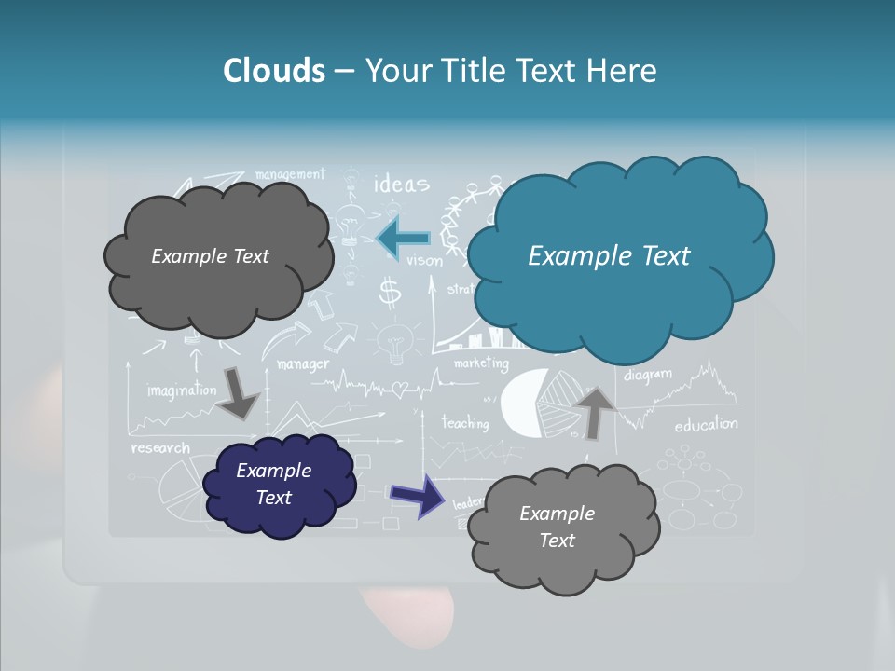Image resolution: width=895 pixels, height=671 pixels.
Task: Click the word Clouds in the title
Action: [x=274, y=71]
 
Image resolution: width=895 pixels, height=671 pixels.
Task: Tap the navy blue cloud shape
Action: [x=278, y=485]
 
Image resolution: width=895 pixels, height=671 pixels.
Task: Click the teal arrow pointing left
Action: [x=404, y=239]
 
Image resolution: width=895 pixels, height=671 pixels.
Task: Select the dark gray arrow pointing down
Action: [x=238, y=392]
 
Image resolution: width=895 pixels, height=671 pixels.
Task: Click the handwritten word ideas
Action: [x=401, y=184]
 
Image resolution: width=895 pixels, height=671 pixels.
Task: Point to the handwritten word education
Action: [x=706, y=425]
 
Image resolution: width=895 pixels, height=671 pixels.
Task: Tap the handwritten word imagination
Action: [x=181, y=390]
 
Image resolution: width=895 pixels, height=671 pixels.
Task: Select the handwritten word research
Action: [x=160, y=448]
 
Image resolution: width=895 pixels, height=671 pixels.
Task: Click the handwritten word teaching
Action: [x=464, y=423]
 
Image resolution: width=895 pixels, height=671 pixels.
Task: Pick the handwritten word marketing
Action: [x=481, y=363]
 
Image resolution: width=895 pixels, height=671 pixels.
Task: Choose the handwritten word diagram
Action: [x=647, y=375]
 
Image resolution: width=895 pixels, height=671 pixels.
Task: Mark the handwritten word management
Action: [x=289, y=174]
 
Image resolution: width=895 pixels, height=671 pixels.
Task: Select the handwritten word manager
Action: [x=303, y=363]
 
